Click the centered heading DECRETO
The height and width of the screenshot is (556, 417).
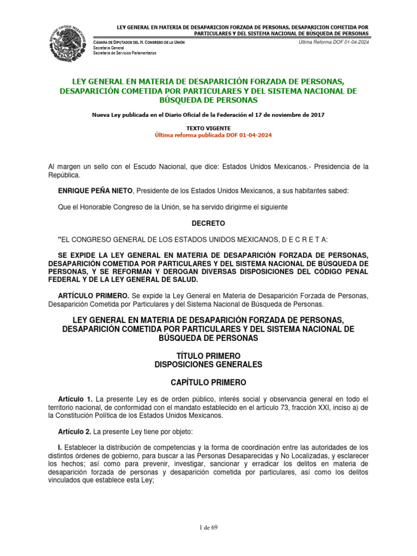tap(208, 223)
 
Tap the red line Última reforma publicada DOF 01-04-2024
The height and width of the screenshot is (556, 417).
tap(208, 135)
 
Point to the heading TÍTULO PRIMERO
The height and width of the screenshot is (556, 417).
tap(208, 355)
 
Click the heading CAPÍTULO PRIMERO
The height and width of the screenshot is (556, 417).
tap(208, 382)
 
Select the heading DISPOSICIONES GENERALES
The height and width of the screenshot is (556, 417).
tap(208, 364)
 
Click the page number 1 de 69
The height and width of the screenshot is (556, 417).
tap(208, 527)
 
